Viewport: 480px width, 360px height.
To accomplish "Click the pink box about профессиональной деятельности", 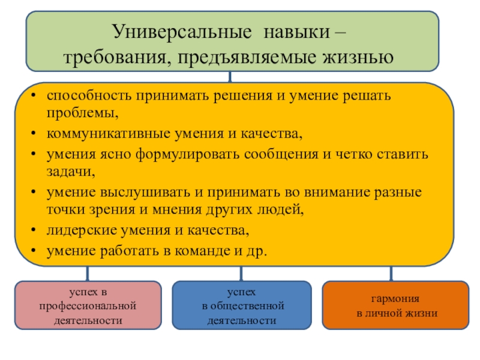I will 88,305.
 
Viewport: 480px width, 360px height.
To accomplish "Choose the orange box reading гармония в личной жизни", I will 395,305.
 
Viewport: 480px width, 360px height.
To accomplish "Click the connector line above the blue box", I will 241,274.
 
